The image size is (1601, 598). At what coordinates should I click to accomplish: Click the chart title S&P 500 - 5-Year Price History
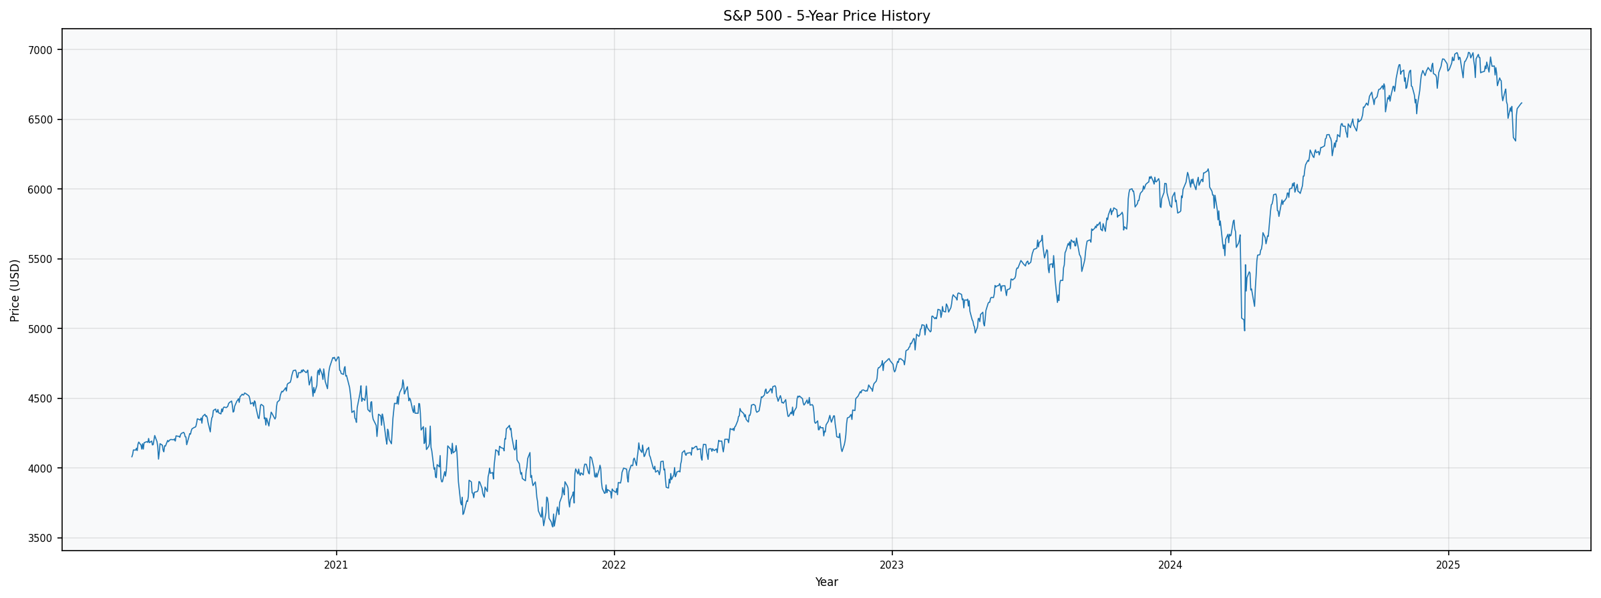[x=826, y=16]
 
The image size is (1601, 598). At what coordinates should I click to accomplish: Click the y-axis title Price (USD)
[x=15, y=290]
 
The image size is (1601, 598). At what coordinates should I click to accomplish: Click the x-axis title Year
[x=826, y=582]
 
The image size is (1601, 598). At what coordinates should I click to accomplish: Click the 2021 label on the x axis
[x=336, y=565]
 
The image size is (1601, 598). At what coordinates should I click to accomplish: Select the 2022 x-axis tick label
[x=614, y=565]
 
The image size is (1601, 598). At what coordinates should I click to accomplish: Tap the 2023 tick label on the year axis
[x=892, y=565]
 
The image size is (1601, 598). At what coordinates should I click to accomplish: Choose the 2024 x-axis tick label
[x=1170, y=565]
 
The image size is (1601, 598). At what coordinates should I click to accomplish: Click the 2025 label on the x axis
[x=1448, y=565]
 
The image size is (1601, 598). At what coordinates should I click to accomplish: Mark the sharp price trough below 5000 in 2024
[x=1244, y=330]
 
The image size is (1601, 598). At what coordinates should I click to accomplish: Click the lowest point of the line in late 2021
[x=552, y=527]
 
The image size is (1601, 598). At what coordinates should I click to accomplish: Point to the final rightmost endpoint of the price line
[x=1522, y=103]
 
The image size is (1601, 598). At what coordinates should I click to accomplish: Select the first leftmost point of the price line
[x=132, y=457]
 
